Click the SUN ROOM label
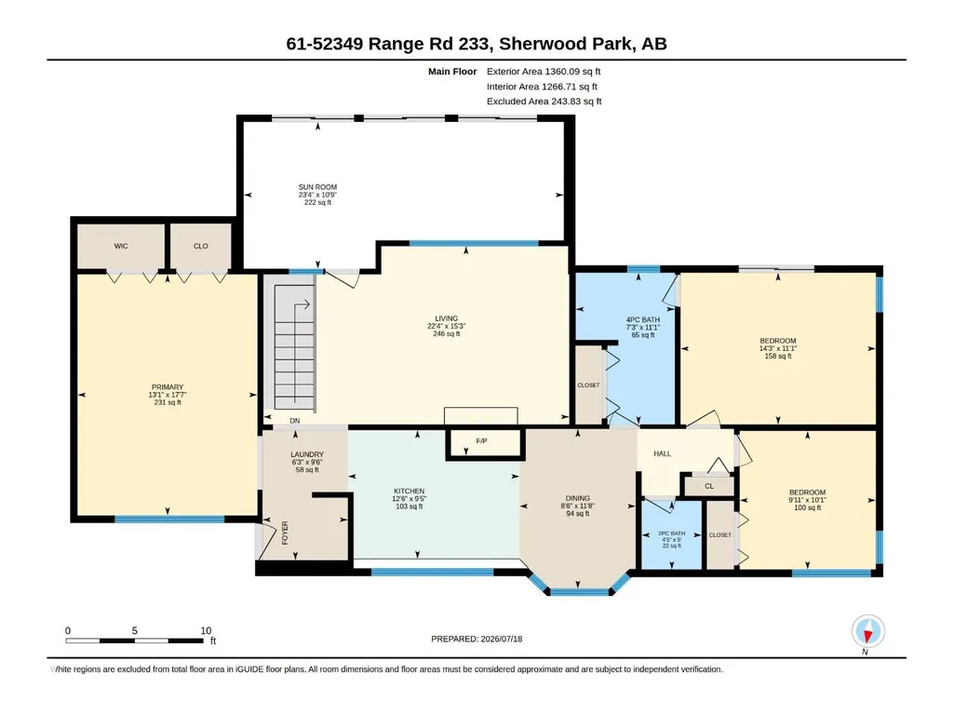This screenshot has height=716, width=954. pos(317,187)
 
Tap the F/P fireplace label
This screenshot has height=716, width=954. pos(481,440)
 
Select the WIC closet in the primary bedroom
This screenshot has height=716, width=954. pos(121,246)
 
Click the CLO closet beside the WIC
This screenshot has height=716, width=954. pos(201,246)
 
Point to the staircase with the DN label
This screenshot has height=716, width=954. pos(294,347)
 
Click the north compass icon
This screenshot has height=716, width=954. pos(868,631)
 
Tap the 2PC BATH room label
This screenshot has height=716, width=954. pos(672,534)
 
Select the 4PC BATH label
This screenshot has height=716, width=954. pos(643,319)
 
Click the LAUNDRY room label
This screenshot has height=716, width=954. pos(307,454)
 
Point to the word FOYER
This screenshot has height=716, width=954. pos(285,533)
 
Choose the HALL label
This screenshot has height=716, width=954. pos(663,453)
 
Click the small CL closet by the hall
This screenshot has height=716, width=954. pos(709,486)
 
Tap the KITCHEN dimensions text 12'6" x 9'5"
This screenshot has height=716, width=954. pos(409,499)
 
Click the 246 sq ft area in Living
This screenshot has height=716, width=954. pos(447,333)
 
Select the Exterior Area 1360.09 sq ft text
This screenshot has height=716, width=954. pos(544,72)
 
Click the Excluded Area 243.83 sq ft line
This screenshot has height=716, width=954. pos(544,101)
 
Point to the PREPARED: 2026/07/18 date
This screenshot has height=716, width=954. pos(477,639)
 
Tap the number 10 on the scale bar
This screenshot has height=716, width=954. pos(207,630)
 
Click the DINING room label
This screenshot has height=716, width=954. pos(578,498)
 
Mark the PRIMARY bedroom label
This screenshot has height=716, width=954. pos(168,386)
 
